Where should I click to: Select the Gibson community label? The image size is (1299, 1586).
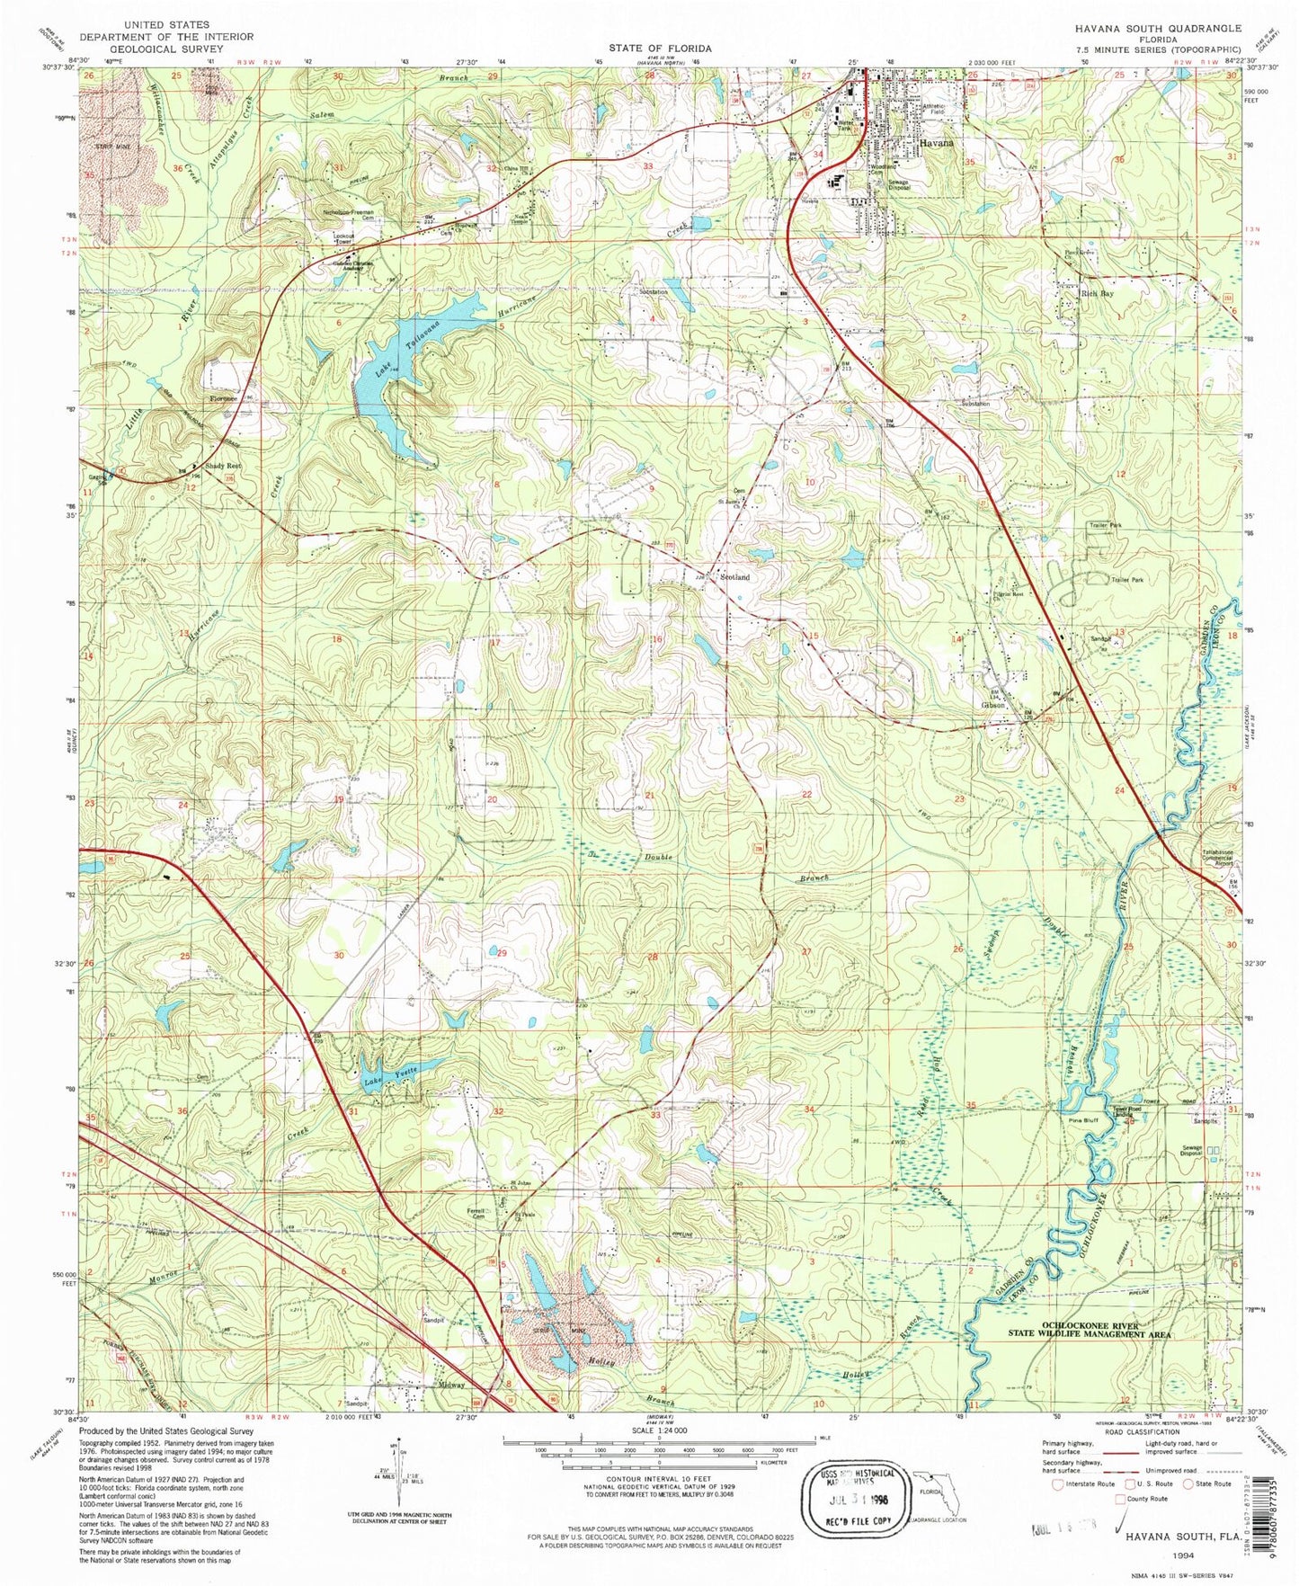point(993,706)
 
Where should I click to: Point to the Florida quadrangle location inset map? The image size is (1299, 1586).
point(939,1494)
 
